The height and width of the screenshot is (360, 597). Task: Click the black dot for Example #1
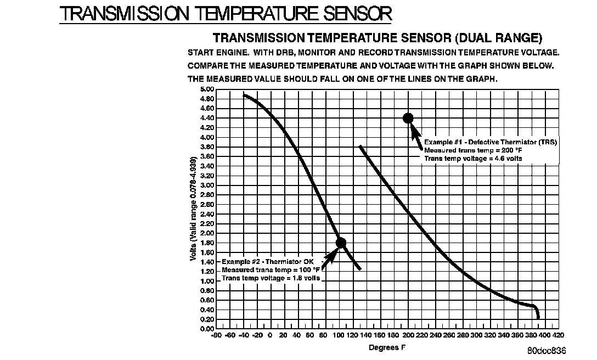click(x=408, y=118)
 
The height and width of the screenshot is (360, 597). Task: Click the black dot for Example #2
click(x=340, y=243)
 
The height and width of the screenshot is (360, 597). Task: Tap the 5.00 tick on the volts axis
click(x=207, y=89)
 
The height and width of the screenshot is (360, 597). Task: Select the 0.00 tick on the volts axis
click(x=207, y=329)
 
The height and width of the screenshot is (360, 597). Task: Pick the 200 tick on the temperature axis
click(x=408, y=335)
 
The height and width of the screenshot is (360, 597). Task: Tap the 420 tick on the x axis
click(x=558, y=335)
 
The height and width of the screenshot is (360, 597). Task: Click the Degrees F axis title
click(x=387, y=347)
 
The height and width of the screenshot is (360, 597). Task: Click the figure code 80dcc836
click(x=547, y=351)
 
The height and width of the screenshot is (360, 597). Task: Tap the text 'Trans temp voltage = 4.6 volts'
click(x=472, y=159)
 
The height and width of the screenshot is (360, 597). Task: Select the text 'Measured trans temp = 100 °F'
click(x=271, y=270)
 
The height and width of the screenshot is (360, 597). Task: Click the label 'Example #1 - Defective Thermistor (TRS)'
click(x=491, y=142)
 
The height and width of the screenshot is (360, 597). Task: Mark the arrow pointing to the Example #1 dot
click(x=415, y=137)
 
